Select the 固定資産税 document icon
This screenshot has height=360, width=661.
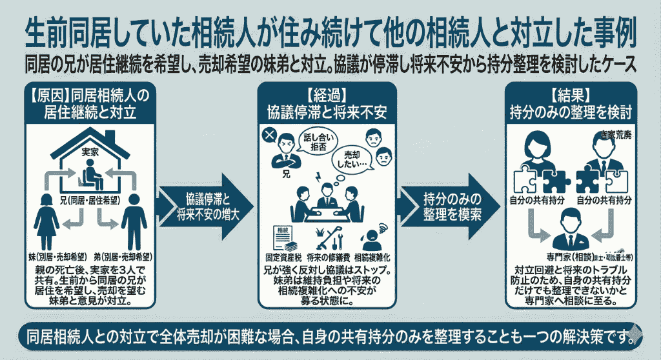[x=282, y=238]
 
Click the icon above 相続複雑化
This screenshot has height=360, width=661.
[x=374, y=238]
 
